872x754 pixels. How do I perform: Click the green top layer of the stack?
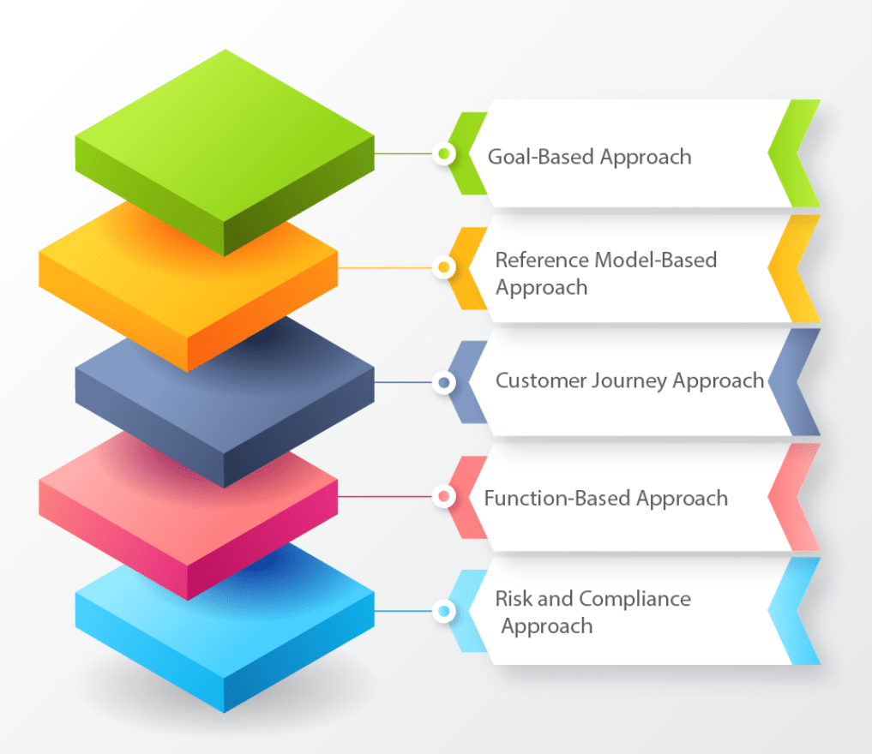225,137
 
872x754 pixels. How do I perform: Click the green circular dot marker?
443,154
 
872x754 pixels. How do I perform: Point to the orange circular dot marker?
443,267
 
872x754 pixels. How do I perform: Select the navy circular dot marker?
443,382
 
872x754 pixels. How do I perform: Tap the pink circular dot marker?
443,496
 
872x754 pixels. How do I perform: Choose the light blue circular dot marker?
443,611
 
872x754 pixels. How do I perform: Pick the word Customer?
540,380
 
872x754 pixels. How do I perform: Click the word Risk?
514,598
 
